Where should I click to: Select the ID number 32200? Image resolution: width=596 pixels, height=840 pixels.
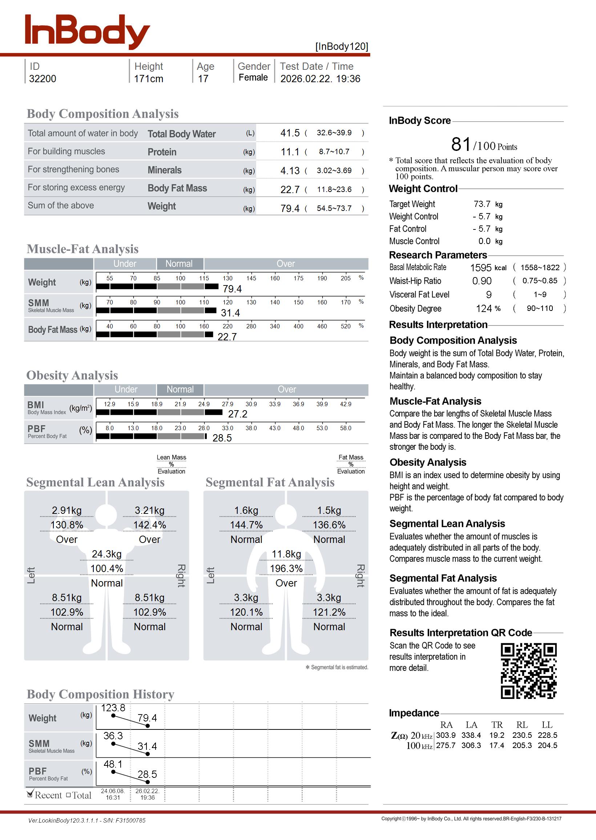point(43,79)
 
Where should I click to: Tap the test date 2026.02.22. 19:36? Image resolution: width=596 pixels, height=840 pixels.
point(320,79)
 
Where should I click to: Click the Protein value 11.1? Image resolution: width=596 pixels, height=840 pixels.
point(290,152)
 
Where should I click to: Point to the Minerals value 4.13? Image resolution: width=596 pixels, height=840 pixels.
point(290,171)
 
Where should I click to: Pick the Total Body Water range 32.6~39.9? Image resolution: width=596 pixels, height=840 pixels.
point(334,133)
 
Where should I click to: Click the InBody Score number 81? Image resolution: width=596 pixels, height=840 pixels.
point(460,144)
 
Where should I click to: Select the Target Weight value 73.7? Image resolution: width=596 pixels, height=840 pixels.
point(482,204)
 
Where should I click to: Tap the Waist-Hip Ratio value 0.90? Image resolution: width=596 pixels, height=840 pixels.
point(482,281)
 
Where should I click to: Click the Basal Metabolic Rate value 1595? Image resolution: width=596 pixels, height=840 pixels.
point(480,268)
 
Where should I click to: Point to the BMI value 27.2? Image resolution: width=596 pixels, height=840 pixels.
point(237,414)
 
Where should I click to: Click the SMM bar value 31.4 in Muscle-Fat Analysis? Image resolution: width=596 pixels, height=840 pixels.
point(230,313)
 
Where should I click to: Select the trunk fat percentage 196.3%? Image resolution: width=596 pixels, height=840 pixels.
point(286,569)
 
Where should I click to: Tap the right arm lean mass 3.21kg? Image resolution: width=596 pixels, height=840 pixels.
point(149,511)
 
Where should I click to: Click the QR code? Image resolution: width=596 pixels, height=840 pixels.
point(528,671)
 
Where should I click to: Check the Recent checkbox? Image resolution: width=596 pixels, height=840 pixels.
point(31,795)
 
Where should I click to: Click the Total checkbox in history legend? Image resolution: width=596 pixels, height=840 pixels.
point(68,795)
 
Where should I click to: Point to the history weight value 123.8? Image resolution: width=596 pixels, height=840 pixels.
point(113,708)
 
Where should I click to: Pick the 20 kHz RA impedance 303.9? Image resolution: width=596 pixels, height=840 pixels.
point(446,735)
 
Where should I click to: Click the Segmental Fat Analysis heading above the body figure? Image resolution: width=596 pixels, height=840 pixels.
point(270,483)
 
